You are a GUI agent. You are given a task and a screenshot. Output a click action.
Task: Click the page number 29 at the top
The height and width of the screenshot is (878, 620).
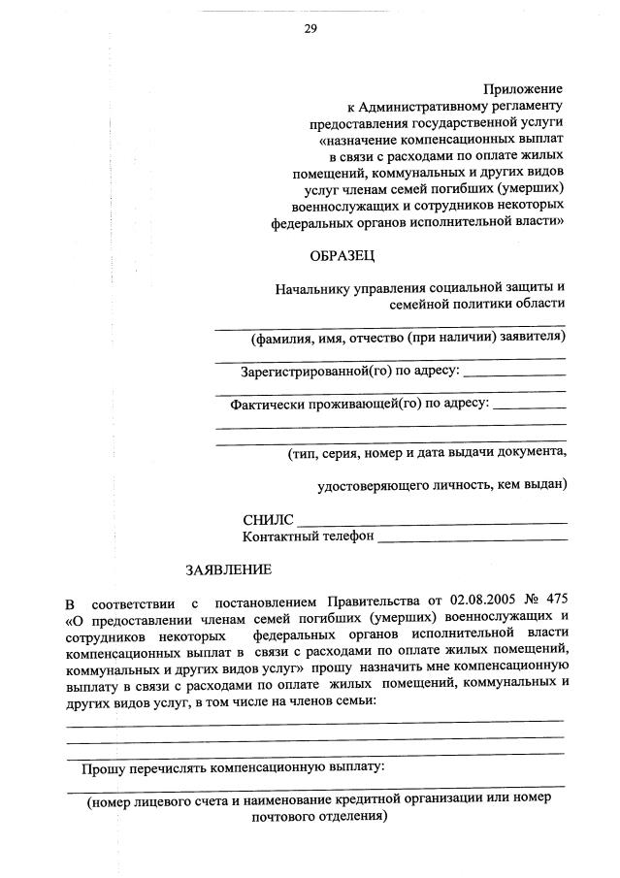click(x=310, y=28)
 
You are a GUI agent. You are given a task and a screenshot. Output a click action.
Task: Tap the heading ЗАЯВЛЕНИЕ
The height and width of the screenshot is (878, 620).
click(x=229, y=569)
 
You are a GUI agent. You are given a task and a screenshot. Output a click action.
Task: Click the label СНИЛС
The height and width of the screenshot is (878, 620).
click(x=268, y=521)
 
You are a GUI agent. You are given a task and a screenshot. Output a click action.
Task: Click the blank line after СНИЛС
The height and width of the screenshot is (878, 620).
click(x=432, y=524)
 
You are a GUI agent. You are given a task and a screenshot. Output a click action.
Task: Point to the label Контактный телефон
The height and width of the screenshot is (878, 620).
click(x=308, y=537)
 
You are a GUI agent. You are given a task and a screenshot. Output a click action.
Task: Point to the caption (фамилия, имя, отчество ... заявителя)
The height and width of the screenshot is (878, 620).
click(x=408, y=338)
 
